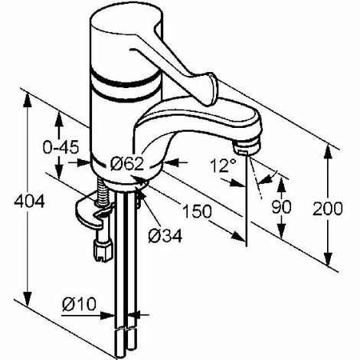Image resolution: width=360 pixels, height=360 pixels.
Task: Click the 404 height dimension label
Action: [x=29, y=201]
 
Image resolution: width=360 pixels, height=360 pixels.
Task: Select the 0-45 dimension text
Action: [x=61, y=147]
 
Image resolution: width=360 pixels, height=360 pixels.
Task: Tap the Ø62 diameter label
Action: [x=127, y=163]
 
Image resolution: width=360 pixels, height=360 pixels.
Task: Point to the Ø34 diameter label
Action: [x=165, y=236]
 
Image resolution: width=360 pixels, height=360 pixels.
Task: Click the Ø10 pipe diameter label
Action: [x=79, y=304]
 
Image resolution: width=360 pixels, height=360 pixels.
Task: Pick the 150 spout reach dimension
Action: [x=198, y=211]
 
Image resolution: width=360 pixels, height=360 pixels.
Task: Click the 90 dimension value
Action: [x=281, y=207]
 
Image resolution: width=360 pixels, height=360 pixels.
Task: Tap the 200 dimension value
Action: [x=328, y=208]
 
